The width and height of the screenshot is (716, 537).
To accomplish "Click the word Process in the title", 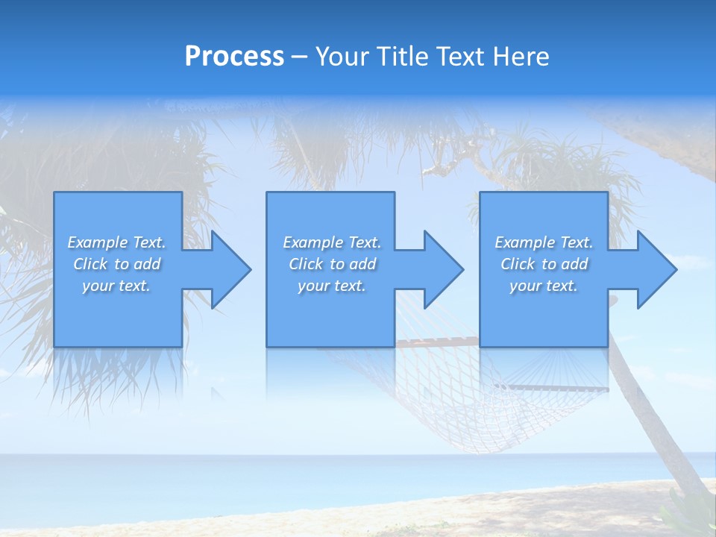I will pos(234,57).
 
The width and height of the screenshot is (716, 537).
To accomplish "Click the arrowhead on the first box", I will pos(228,269).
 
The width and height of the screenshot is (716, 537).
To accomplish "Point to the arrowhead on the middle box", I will pos(442,269).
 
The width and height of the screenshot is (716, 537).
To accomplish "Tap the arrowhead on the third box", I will pos(655,269).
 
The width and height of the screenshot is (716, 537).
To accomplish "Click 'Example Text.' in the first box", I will pos(116,242).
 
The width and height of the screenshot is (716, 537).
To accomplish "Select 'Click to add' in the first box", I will pos(116,264).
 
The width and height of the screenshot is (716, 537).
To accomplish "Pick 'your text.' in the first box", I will pos(116,286).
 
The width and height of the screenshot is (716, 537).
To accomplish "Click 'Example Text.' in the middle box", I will pos(332,242).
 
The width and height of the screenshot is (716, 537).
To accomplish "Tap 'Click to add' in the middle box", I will pos(332,264).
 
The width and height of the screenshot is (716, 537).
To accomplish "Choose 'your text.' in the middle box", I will pos(332,286).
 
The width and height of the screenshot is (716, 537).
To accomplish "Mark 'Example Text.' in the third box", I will pos(544,242).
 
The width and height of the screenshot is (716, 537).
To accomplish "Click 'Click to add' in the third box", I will pos(544,264).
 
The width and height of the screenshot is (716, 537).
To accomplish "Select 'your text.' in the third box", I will pos(544,286).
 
